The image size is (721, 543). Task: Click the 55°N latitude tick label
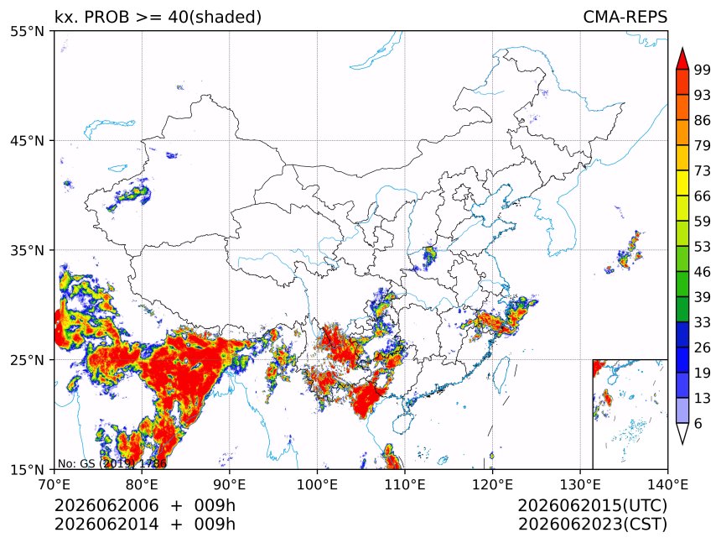(x=27, y=32)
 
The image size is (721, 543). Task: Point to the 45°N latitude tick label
(x=27, y=141)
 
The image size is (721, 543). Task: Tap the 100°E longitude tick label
(x=318, y=484)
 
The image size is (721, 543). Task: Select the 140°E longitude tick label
(x=667, y=484)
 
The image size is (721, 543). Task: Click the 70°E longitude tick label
(x=54, y=484)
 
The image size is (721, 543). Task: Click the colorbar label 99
(x=703, y=70)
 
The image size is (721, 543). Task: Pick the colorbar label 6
(x=698, y=423)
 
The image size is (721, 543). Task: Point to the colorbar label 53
(x=703, y=247)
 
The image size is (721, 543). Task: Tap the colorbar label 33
(x=703, y=322)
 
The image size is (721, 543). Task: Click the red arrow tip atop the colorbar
(x=682, y=48)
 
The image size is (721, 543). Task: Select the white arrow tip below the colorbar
(x=682, y=444)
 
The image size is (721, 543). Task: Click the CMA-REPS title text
(x=625, y=17)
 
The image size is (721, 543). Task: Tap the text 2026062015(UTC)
(x=592, y=505)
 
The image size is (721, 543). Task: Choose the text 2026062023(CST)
(x=592, y=525)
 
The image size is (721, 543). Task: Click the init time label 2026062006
(x=106, y=505)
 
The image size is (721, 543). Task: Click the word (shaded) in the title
(x=226, y=17)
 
